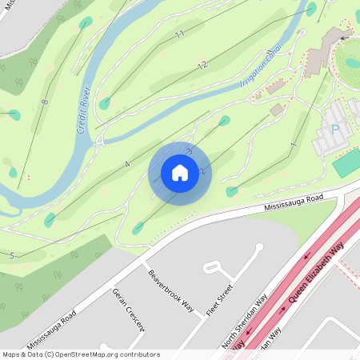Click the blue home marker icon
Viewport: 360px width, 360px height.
tap(179, 172)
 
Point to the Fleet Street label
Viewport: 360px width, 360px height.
tap(219, 300)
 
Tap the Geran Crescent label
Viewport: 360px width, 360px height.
tap(128, 309)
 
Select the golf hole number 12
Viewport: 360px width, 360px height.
tap(202, 65)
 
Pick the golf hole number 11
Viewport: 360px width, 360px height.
tap(180, 34)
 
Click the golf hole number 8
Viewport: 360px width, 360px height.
tap(45, 102)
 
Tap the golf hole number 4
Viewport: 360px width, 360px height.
tap(126, 164)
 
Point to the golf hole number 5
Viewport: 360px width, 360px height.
tap(12, 255)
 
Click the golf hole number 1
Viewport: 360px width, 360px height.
tap(294, 145)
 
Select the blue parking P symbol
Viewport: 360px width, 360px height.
tap(335, 127)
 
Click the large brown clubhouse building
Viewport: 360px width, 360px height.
tap(322, 51)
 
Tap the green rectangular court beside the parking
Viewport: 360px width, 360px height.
tap(346, 163)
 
